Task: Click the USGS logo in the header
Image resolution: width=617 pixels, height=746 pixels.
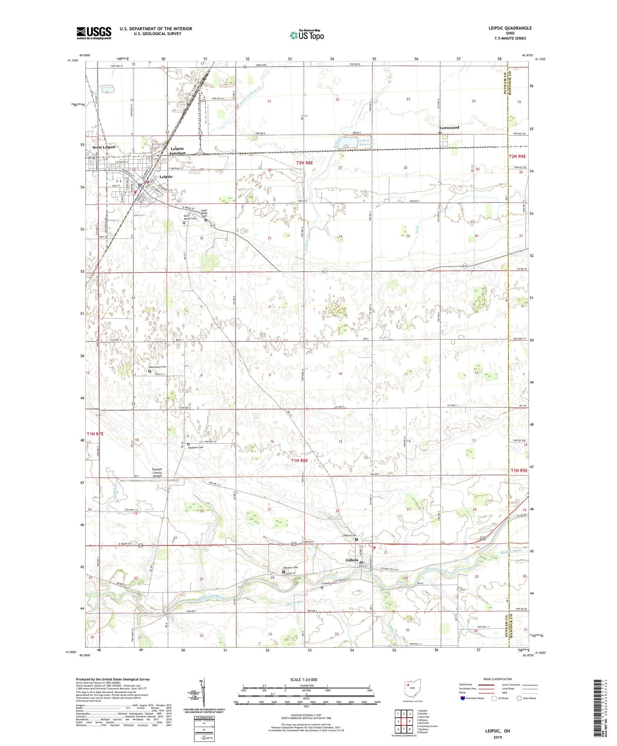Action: [x=94, y=33]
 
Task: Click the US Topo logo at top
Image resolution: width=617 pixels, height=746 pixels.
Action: [x=307, y=35]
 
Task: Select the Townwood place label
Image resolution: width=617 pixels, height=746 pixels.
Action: [x=449, y=128]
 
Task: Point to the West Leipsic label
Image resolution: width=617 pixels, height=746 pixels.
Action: [x=104, y=147]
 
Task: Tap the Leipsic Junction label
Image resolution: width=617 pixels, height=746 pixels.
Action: [x=177, y=151]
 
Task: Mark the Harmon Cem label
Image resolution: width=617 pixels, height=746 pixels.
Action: [x=290, y=568]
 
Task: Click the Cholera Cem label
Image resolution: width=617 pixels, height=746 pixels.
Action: [x=349, y=535]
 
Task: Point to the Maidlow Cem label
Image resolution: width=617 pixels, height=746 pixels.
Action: [x=196, y=447]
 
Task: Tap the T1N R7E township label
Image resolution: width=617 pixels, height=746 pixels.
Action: [x=95, y=434]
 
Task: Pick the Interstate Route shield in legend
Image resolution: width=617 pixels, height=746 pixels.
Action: [x=463, y=698]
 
